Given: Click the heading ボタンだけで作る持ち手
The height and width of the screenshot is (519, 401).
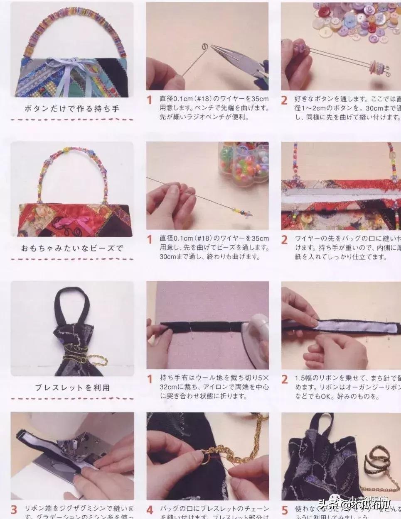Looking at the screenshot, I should (x=72, y=109).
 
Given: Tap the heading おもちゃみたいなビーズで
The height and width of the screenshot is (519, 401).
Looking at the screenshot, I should (x=72, y=249).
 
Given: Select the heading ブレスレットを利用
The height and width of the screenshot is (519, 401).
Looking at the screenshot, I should (x=72, y=387).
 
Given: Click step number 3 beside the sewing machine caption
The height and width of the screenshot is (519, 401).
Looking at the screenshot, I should (x=14, y=509).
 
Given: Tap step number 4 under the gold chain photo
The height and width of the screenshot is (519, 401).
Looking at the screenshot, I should (x=150, y=509).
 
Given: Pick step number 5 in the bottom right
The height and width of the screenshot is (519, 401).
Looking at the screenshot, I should (x=285, y=509).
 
